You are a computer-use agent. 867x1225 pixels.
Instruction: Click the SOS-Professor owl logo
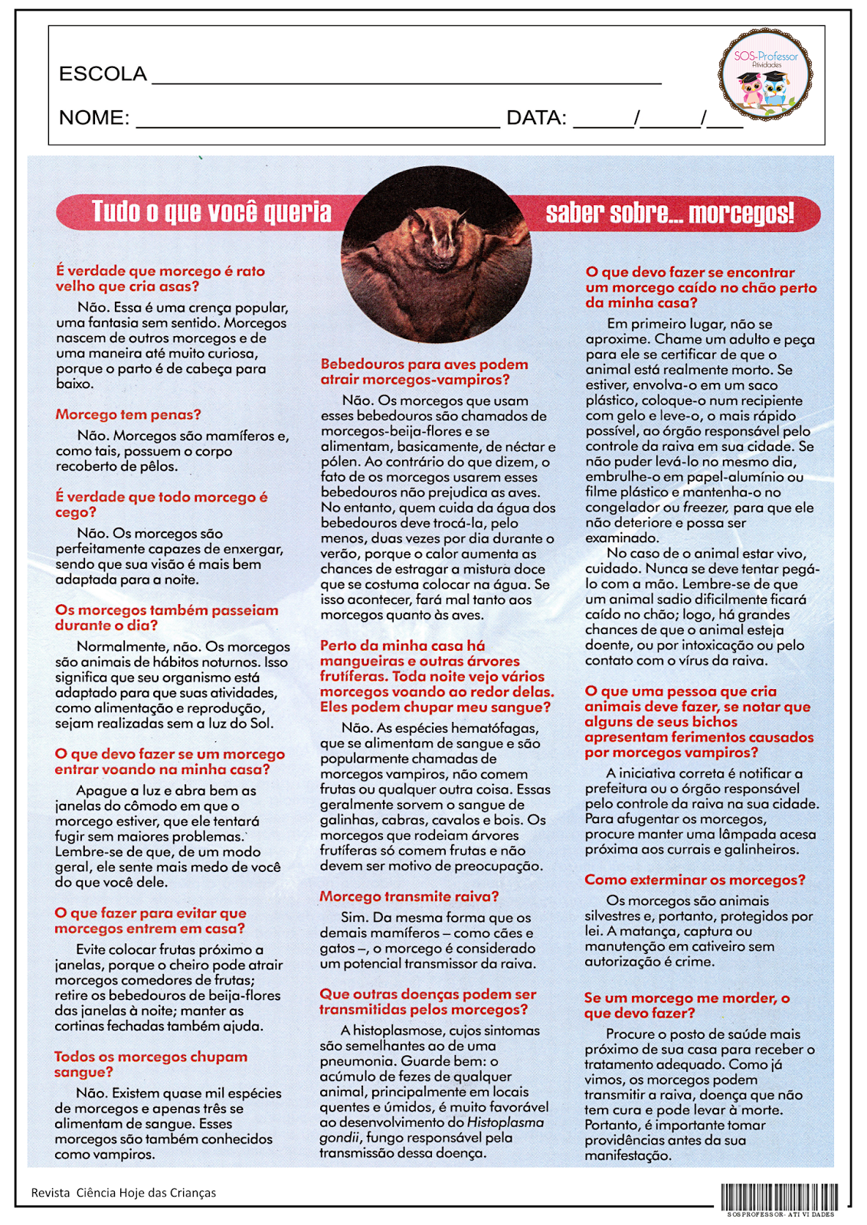click(765, 76)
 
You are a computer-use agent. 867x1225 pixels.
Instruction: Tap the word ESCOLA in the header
click(103, 73)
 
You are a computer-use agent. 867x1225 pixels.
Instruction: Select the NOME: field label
click(94, 118)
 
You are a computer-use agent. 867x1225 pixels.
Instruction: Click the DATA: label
click(536, 118)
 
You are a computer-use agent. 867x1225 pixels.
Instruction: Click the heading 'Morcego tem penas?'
click(128, 415)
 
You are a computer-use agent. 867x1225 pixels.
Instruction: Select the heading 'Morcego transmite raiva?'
click(409, 897)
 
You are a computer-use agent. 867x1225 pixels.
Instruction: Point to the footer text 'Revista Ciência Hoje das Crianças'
click(123, 1193)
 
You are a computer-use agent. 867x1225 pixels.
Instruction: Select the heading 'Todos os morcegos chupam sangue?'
click(151, 1064)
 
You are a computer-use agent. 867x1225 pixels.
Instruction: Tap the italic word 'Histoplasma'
click(505, 1122)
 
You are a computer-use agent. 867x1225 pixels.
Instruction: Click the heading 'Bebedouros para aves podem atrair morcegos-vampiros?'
click(424, 372)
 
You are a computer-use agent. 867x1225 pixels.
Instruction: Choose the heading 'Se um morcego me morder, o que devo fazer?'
click(686, 1005)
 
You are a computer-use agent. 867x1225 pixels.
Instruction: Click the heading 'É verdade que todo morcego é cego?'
click(161, 505)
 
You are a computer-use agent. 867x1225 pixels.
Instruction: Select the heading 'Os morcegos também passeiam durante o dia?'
click(166, 618)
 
